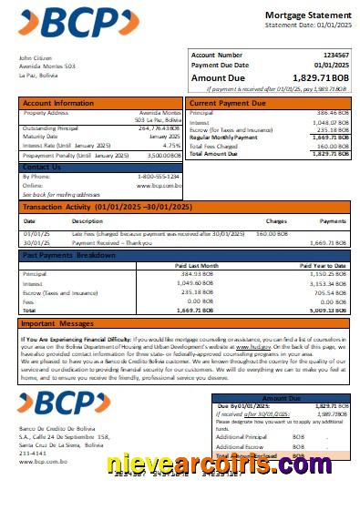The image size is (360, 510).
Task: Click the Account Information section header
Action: click(x=57, y=103)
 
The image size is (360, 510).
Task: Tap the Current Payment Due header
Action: click(x=227, y=103)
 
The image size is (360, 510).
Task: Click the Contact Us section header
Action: click(x=42, y=167)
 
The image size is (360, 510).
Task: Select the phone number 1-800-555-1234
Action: click(x=159, y=176)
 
